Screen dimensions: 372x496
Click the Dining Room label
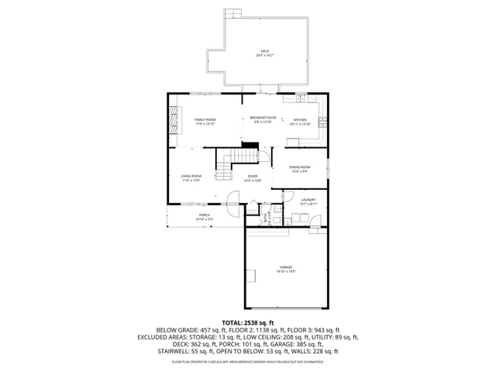[x=300, y=168]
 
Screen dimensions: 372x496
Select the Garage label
[x=286, y=269]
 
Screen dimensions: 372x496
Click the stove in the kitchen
[x=323, y=122]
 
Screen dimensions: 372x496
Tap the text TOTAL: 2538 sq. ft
[x=248, y=322]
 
